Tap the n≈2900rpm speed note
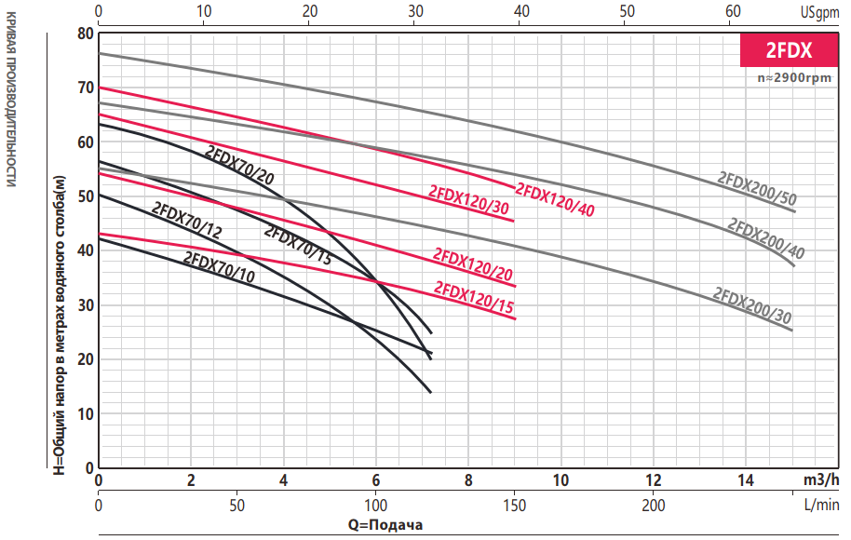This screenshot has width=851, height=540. click(x=794, y=78)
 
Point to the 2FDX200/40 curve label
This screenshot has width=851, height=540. click(x=765, y=238)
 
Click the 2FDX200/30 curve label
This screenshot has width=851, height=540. click(x=752, y=305)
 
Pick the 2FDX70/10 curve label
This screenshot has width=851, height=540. click(x=219, y=267)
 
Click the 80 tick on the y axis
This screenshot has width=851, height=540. click(x=86, y=34)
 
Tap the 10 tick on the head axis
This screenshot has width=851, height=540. click(x=86, y=413)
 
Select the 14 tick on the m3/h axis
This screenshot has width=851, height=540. click(x=746, y=480)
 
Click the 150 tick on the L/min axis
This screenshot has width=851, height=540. click(x=514, y=505)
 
